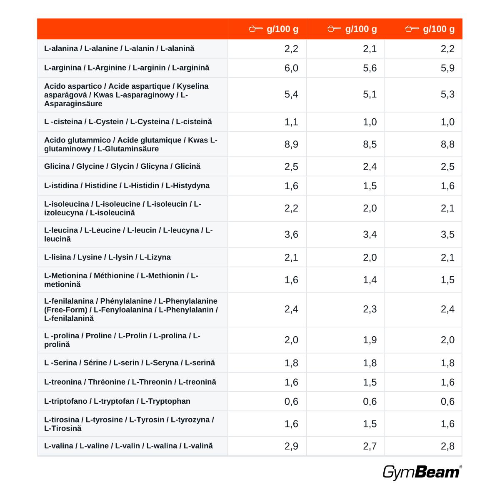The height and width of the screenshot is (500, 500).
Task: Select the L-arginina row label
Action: (127, 68)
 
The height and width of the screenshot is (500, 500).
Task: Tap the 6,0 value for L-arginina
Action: (291, 68)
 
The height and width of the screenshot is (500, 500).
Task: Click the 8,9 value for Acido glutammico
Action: (291, 144)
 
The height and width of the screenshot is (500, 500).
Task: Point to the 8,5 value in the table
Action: (370, 144)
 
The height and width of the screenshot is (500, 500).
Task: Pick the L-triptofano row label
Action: (117, 401)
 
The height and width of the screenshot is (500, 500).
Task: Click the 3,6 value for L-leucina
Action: (291, 235)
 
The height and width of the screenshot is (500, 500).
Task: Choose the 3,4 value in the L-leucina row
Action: (370, 235)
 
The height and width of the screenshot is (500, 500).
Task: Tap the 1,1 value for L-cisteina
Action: (291, 122)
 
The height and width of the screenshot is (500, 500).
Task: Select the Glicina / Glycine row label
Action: (122, 166)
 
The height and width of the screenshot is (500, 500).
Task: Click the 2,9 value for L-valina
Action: (291, 446)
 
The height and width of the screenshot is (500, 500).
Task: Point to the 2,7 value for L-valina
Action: (370, 446)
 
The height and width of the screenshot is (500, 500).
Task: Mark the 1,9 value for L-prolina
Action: (370, 340)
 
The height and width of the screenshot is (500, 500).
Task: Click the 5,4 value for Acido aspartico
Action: (291, 94)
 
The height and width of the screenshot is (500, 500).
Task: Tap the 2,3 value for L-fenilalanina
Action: (370, 309)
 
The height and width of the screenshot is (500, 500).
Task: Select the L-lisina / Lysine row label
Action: (107, 257)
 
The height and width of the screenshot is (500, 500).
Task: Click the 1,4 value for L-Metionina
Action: (370, 280)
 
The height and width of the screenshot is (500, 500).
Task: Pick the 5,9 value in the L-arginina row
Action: (447, 68)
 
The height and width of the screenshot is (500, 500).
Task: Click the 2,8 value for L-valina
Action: (447, 446)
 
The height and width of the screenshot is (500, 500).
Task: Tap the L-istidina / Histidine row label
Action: (127, 185)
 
